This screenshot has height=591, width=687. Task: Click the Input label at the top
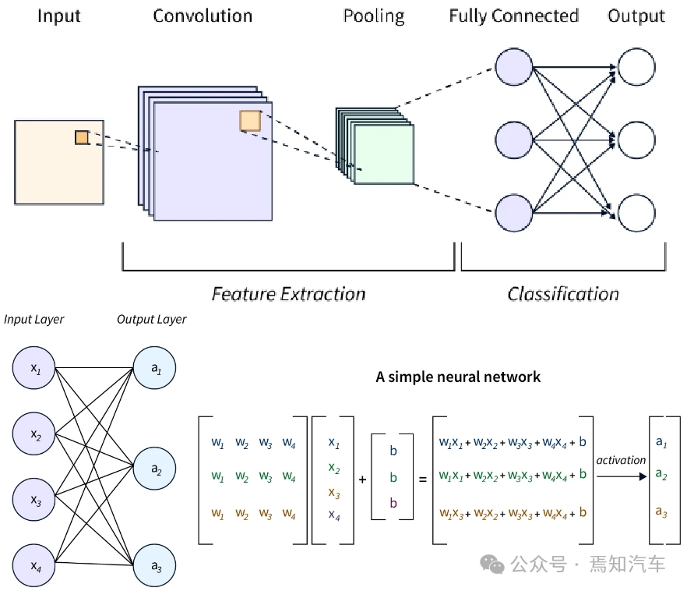(59, 16)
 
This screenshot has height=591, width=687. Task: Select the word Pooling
(374, 16)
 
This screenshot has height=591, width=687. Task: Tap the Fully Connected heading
(513, 16)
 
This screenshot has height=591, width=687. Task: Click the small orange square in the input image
(82, 137)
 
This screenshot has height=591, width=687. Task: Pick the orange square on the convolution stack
(250, 121)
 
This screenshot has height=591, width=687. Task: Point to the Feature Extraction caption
(288, 294)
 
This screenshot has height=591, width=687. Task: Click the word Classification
(563, 294)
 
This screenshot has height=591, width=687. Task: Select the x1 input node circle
(34, 367)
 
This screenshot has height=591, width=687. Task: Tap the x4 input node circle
(34, 563)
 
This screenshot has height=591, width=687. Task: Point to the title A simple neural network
(458, 377)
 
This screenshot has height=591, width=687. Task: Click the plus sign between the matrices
(362, 479)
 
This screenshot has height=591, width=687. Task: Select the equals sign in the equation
(423, 479)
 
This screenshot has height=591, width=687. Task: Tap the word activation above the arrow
(621, 460)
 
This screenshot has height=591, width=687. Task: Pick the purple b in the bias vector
(393, 503)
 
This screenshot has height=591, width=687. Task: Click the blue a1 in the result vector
(661, 442)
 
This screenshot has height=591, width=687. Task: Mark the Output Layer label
(152, 320)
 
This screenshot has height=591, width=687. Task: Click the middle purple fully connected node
(513, 140)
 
